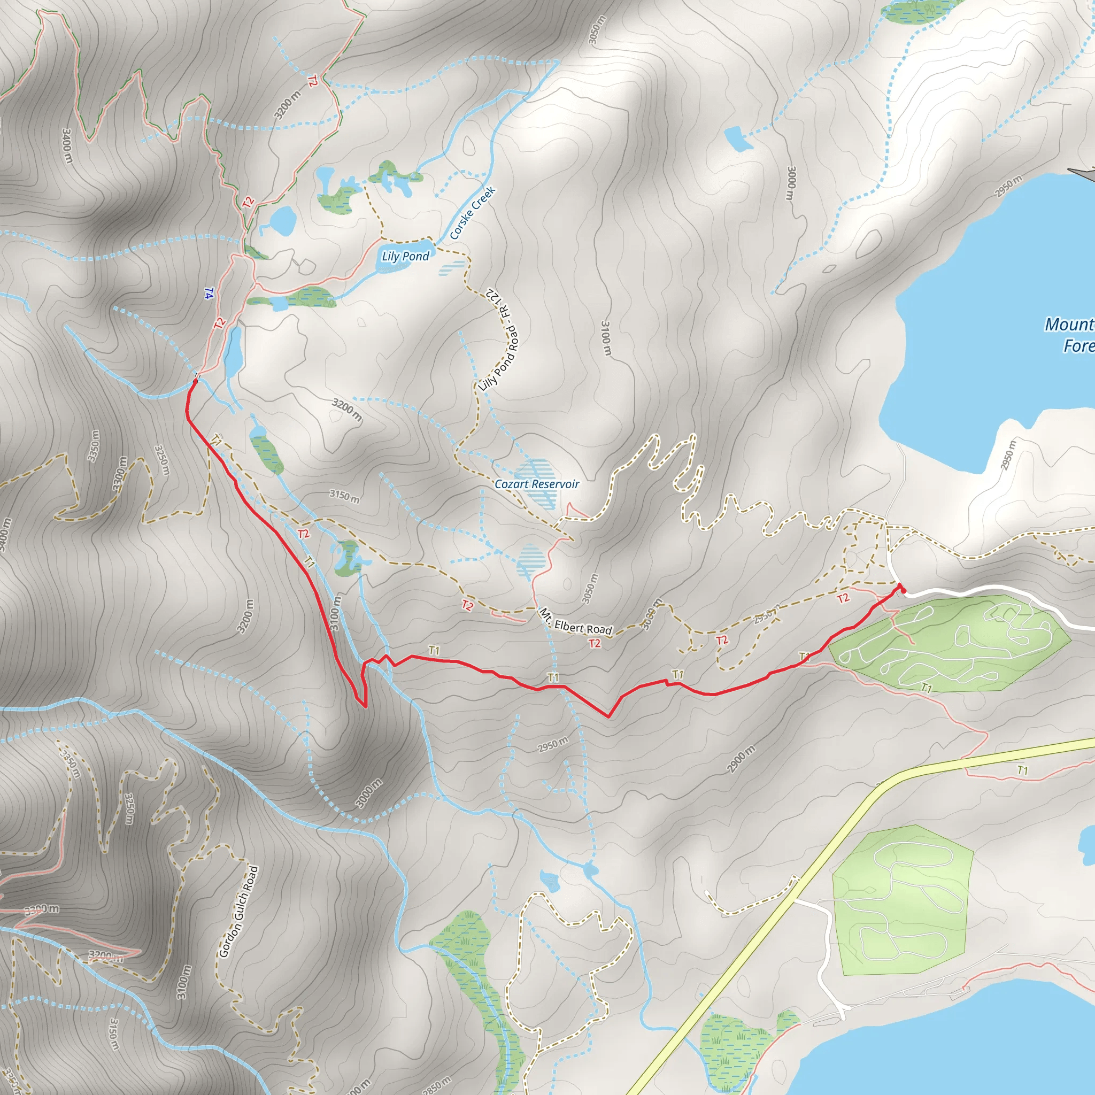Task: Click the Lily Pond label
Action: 405,256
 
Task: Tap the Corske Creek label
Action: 473,213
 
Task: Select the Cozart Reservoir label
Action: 537,484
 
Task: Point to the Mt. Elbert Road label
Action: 575,622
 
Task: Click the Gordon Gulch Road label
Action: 238,912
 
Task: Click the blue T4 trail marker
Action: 209,293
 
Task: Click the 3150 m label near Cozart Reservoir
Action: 344,496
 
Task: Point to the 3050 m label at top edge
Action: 597,29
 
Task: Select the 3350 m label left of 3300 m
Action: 94,446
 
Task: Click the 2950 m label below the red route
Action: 553,745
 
